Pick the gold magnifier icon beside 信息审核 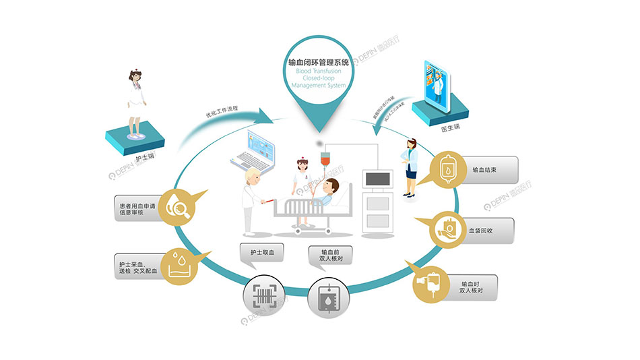pyautogui.click(x=179, y=208)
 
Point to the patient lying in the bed pyautogui.click(x=329, y=193)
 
